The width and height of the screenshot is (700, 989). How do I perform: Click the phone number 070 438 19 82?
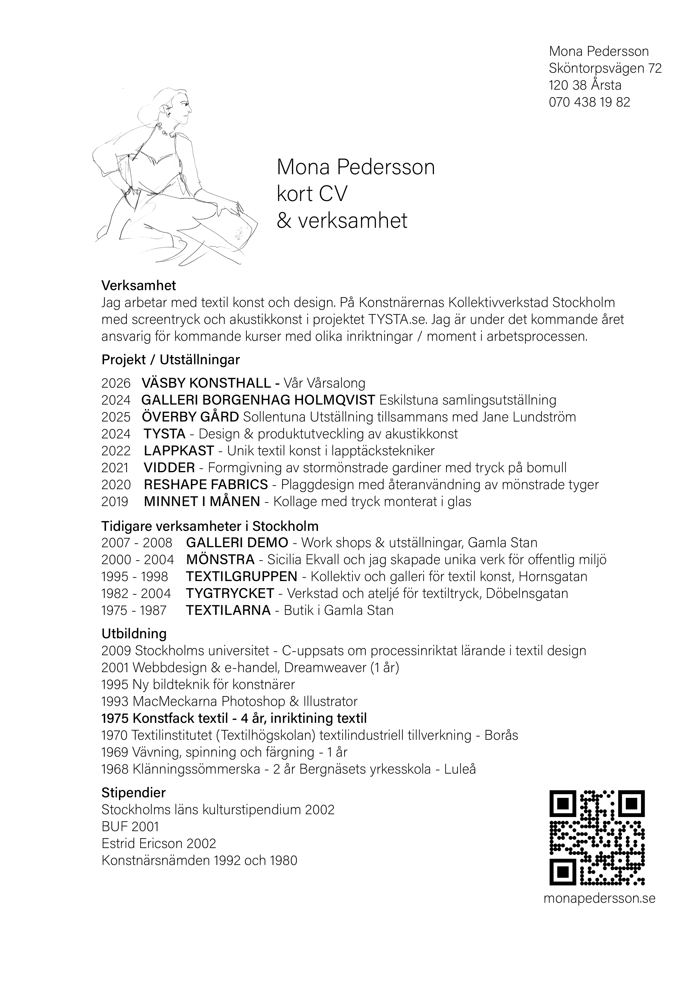pyautogui.click(x=589, y=102)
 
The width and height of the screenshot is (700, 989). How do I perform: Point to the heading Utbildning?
pyautogui.click(x=134, y=634)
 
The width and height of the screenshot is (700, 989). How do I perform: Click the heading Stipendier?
pyautogui.click(x=133, y=792)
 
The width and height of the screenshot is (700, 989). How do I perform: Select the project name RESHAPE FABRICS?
pyautogui.click(x=206, y=485)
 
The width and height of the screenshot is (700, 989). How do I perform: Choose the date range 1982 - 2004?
pyautogui.click(x=136, y=593)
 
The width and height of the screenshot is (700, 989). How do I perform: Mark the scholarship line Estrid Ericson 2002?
pyautogui.click(x=159, y=844)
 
